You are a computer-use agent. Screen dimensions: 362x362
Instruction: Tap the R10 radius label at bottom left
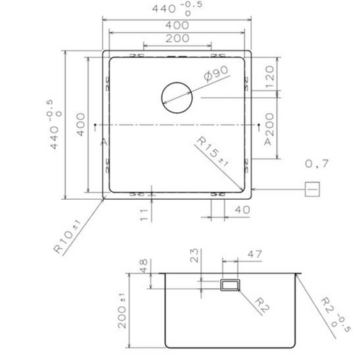[67, 237]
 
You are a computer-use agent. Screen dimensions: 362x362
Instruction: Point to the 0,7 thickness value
[316, 164]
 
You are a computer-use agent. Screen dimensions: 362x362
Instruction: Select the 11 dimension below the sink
[145, 214]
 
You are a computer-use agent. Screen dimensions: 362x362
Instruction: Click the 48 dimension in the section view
[142, 264]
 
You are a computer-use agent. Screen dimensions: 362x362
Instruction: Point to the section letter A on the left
[104, 143]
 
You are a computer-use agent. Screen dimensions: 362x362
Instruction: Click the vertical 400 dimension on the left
[81, 127]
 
